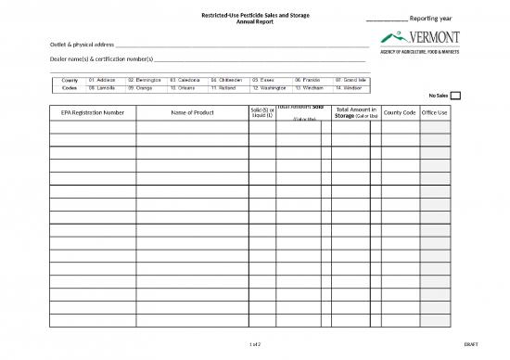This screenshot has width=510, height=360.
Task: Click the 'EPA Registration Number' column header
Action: click(x=92, y=112)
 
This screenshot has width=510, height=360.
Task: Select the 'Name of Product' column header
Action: click(x=193, y=112)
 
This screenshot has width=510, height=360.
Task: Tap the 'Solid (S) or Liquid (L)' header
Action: click(x=262, y=112)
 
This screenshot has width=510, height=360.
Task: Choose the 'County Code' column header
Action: click(x=399, y=112)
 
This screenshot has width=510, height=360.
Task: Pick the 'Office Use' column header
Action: click(x=435, y=112)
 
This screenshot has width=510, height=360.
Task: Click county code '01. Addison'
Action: click(x=103, y=81)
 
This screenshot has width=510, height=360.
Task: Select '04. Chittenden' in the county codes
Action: click(x=227, y=81)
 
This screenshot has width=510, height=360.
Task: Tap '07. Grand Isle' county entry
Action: click(x=352, y=81)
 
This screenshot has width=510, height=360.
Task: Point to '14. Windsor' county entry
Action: click(x=350, y=89)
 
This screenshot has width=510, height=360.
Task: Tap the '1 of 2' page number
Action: click(x=255, y=343)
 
